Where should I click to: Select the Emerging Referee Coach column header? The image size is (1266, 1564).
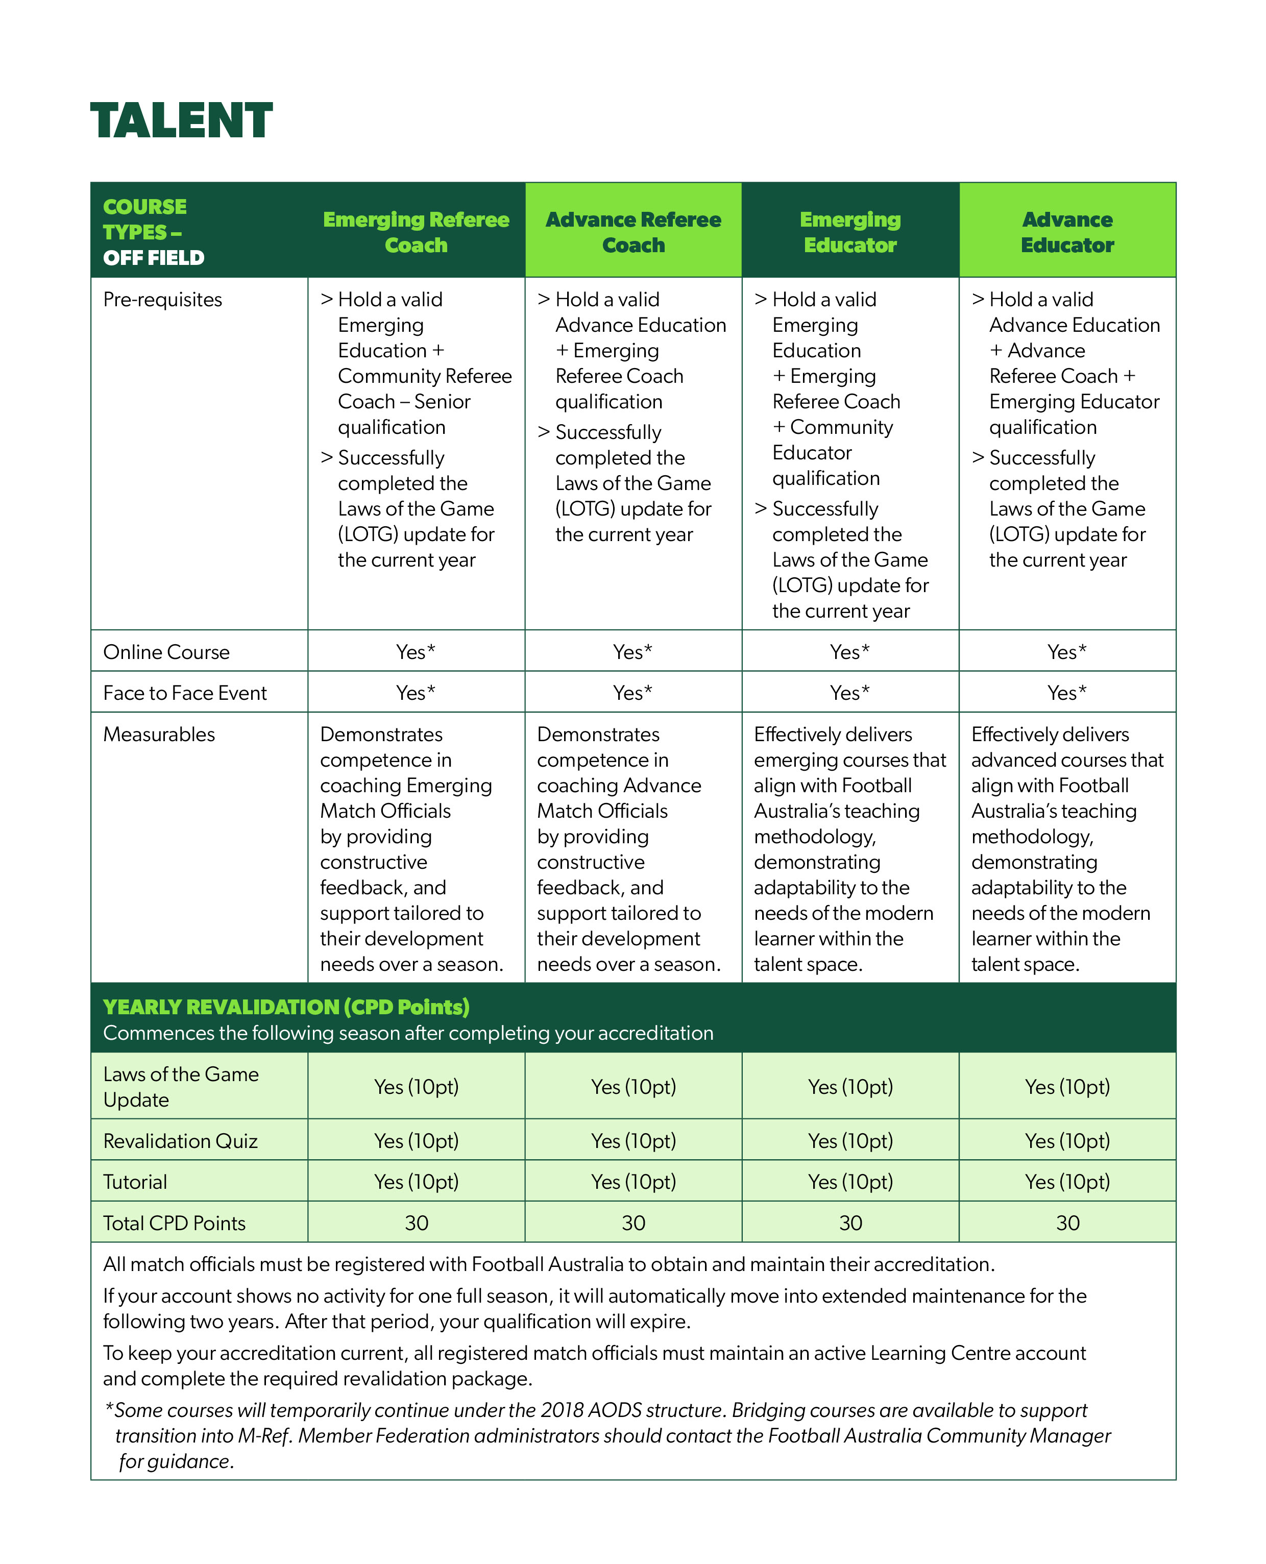coord(416,232)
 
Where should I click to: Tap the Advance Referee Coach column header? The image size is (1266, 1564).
coord(633,232)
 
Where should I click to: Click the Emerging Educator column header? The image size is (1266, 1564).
coord(850,232)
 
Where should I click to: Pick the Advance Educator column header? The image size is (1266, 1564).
coord(1067,232)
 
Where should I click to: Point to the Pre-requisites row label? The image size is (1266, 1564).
coord(163,300)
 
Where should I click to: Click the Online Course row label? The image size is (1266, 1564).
coord(166,652)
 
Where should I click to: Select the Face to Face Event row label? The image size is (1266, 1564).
coord(185,693)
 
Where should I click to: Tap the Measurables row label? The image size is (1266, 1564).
coord(159,734)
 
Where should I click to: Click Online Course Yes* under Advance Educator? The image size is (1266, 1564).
coord(1067,652)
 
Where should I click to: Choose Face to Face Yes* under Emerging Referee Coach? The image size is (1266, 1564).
coord(416,693)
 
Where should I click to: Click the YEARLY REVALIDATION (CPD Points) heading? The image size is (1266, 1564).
coord(286,1007)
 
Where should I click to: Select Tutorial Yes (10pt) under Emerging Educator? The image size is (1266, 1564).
coord(850,1181)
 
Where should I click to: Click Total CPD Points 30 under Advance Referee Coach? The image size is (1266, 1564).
coord(633,1223)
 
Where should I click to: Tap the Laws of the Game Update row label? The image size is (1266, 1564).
coord(181,1086)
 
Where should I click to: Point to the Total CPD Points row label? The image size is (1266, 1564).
coord(174,1223)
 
